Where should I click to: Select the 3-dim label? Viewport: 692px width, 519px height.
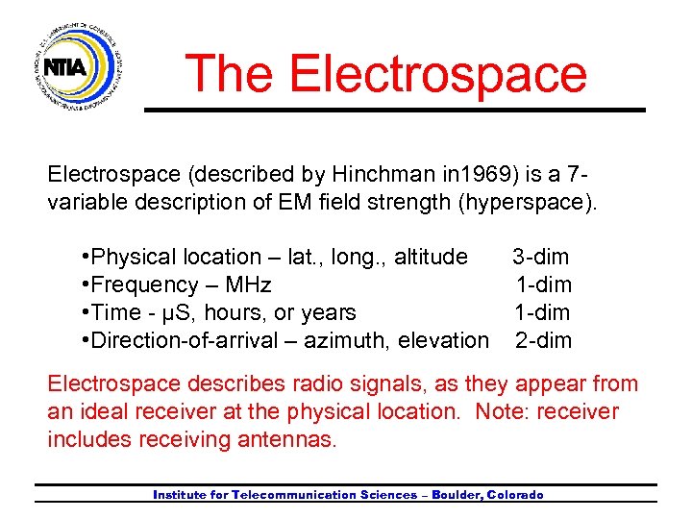pyautogui.click(x=540, y=257)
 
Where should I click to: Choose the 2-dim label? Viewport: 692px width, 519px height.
pyautogui.click(x=543, y=340)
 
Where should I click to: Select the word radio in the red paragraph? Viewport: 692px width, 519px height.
pyautogui.click(x=287, y=384)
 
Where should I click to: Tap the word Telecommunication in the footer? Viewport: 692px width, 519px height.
pyautogui.click(x=294, y=495)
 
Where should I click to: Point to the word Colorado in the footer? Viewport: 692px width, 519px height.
pyautogui.click(x=516, y=495)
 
